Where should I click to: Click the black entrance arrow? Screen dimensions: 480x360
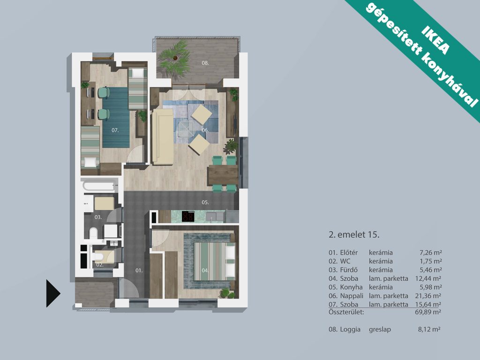[x=52, y=293]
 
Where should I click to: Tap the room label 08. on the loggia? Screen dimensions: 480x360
[x=205, y=63]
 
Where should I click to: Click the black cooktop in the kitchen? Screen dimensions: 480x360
[x=188, y=216]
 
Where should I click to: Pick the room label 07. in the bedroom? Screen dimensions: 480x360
[x=115, y=130]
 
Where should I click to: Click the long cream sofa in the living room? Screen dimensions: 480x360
[x=163, y=136]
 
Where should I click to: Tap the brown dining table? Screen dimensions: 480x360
[x=223, y=175]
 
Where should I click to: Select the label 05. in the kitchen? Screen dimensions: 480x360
[x=205, y=202]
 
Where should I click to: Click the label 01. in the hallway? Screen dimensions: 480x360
[x=139, y=270]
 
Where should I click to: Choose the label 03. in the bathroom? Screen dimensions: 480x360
[x=98, y=217]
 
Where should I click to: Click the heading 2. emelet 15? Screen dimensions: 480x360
[x=354, y=235]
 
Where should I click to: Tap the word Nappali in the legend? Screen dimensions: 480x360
[x=352, y=296]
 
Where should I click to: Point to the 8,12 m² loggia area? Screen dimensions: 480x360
[x=429, y=330]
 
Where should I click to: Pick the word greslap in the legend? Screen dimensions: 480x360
[x=380, y=330]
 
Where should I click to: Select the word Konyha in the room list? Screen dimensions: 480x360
[x=352, y=287]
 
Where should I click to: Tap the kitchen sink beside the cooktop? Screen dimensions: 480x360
[x=211, y=217]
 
